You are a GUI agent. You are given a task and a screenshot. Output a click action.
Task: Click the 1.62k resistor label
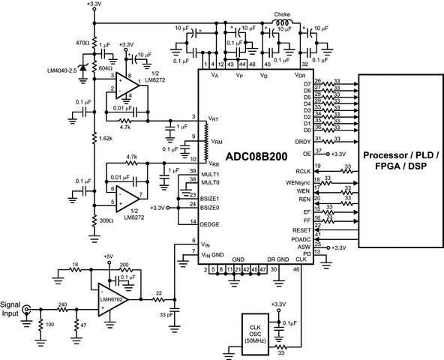[105, 139]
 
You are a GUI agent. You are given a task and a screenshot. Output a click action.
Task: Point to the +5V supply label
[109, 256]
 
